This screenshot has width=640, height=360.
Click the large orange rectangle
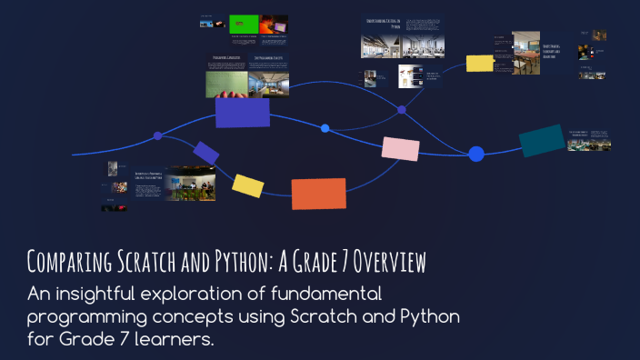click(318, 194)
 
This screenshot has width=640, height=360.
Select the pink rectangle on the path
click(400, 149)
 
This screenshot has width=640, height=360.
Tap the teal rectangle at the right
click(542, 140)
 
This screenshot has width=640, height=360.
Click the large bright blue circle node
click(475, 154)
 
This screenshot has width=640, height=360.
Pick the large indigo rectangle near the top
click(242, 113)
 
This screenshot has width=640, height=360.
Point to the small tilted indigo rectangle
click(206, 153)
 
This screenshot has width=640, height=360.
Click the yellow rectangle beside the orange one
click(247, 185)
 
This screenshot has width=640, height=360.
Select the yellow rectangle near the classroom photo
click(479, 63)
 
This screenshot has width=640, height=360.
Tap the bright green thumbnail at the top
click(244, 24)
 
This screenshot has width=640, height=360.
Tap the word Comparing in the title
click(69, 263)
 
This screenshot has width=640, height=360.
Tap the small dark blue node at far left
click(158, 135)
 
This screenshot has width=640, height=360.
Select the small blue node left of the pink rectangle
click(325, 128)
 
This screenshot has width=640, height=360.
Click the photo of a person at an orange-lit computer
click(273, 25)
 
